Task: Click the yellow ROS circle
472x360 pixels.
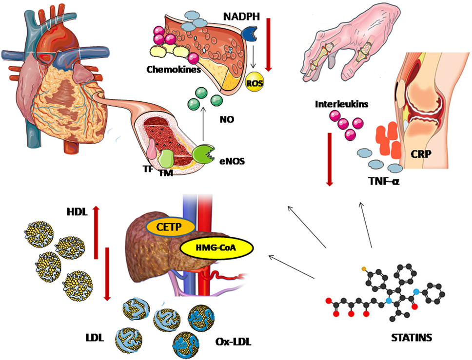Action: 254,83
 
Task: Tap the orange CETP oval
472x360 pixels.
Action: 169,227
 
